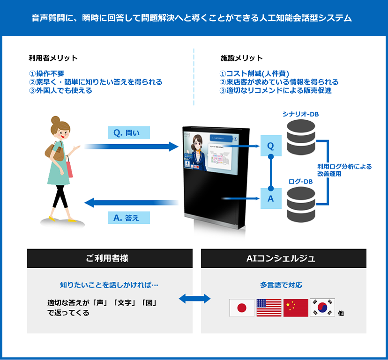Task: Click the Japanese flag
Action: (242, 308)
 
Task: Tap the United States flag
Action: (269, 308)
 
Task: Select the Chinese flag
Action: (296, 308)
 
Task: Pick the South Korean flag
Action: (322, 308)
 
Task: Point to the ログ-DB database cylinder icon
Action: (300, 204)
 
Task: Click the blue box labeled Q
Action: (270, 146)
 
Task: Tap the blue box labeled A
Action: (270, 198)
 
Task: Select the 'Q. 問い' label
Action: (127, 132)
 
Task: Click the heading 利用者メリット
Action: (53, 58)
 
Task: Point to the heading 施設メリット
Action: (241, 58)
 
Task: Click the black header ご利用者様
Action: (110, 258)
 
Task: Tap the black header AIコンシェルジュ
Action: (284, 258)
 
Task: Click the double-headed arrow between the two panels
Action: (196, 298)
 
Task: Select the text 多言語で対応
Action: (281, 285)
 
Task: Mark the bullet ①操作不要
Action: (46, 73)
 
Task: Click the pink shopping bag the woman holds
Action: (69, 168)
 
